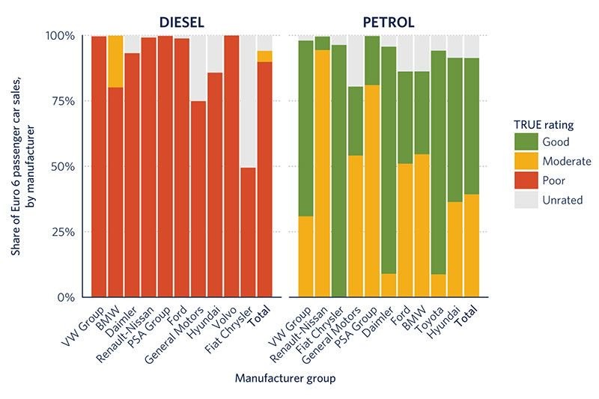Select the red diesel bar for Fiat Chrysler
[x=248, y=232]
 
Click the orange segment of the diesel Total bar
[x=264, y=56]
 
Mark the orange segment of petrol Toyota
[x=438, y=285]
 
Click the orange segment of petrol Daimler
[x=388, y=285]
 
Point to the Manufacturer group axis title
[x=285, y=378]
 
